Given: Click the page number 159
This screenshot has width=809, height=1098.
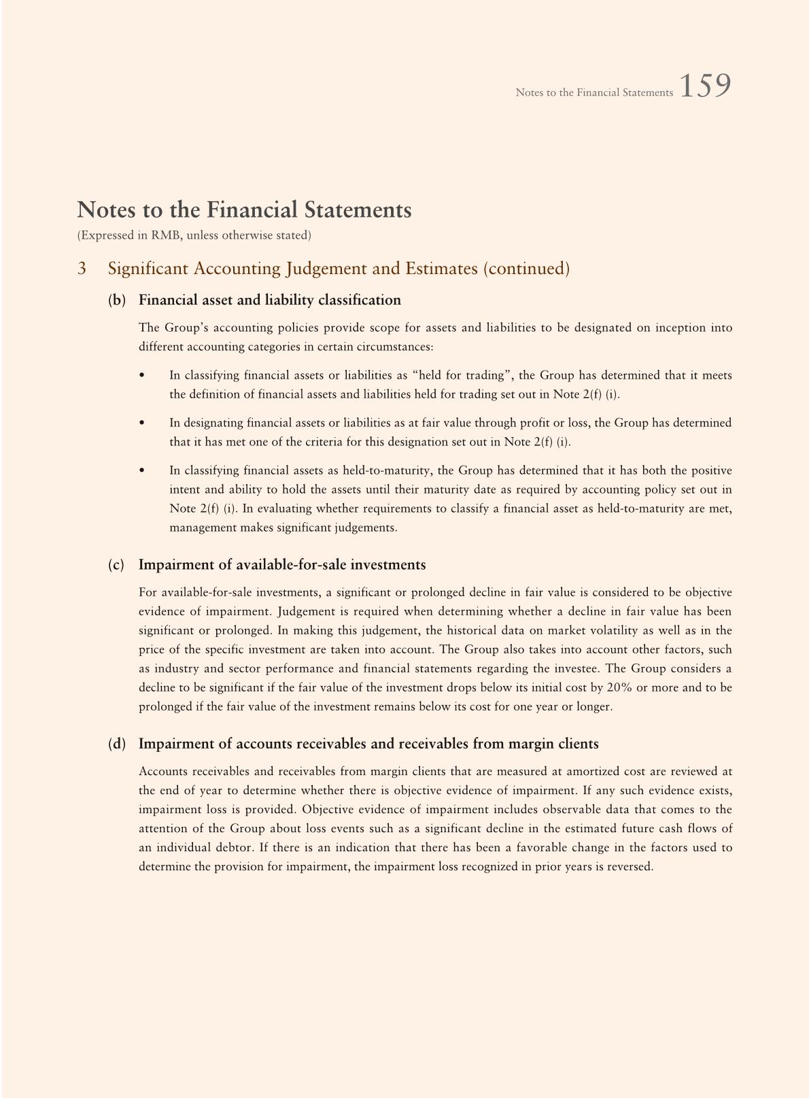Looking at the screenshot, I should coord(705,87).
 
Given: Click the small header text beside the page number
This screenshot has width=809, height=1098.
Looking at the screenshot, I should coord(593,92).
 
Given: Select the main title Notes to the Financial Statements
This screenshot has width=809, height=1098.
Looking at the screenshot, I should coord(244,210).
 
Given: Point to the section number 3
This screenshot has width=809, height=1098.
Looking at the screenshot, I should coord(82,269).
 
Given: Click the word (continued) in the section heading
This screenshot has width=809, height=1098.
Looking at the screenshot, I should coord(526,269).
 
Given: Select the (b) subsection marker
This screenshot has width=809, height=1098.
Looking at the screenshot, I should coord(117,300).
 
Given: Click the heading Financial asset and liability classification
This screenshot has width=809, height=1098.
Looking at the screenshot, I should coord(269,300).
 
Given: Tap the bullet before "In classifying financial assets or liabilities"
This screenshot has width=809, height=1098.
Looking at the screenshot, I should coord(141,375).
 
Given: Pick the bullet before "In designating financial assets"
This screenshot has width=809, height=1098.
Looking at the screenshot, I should coord(141,423).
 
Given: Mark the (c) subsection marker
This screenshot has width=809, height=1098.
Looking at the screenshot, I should coord(117,565).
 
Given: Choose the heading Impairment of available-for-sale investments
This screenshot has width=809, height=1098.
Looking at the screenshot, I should coord(282,565).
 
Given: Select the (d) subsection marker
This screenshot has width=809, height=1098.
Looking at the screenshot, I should coord(117,744).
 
